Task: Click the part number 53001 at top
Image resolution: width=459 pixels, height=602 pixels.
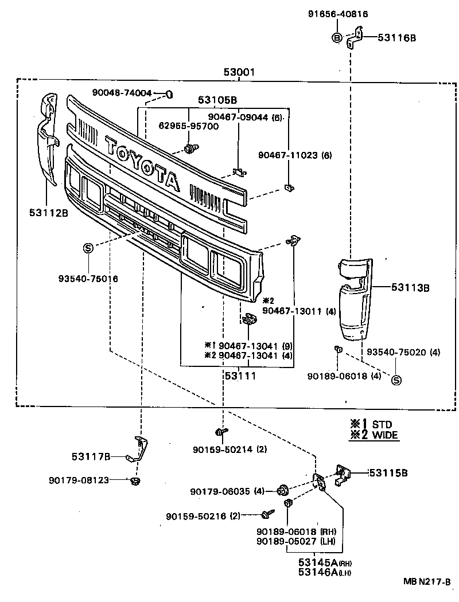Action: point(239,73)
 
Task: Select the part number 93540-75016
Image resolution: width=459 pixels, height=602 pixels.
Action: point(88,279)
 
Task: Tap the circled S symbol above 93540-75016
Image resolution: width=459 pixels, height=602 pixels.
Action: point(88,248)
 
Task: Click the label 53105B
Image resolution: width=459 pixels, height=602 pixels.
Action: point(217,100)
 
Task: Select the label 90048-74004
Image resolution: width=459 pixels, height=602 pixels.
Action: point(122,92)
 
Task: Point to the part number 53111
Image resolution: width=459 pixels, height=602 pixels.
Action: point(240,376)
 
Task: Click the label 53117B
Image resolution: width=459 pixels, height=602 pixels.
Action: point(91,456)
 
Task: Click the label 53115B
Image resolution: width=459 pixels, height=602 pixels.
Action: point(388,473)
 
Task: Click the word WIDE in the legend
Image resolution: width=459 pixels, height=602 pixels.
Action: point(385,435)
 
